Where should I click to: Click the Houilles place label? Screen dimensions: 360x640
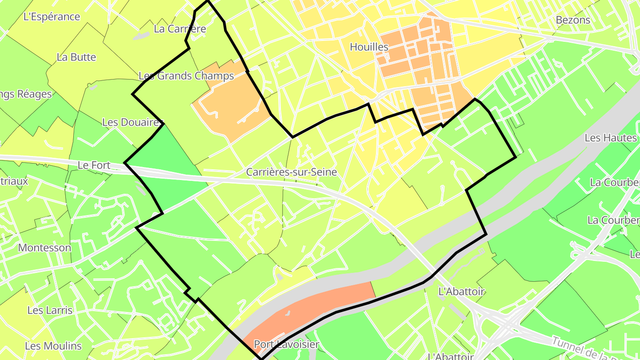(369, 47)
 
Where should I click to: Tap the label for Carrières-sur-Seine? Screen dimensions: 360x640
(292, 172)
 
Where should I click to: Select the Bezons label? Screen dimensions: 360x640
(573, 20)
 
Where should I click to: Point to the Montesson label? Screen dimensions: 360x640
(44, 248)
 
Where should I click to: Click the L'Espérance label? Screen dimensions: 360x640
(52, 17)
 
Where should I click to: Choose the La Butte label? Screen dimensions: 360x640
(76, 57)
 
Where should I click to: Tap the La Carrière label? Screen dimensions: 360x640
(180, 29)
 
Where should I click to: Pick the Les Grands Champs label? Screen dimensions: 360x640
(186, 76)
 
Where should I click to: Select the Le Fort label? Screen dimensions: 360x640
(94, 165)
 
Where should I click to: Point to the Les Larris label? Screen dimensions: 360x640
(50, 310)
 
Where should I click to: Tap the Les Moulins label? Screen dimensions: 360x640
(53, 346)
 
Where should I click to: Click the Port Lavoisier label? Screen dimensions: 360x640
(286, 344)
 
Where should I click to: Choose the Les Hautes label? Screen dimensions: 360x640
(611, 138)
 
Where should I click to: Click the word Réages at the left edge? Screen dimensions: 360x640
(34, 94)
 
